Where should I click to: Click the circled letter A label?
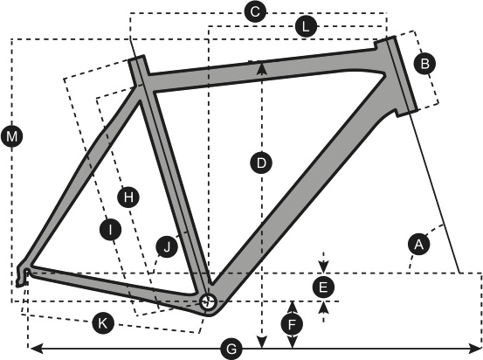point(418,245)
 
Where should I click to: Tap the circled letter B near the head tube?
point(424,64)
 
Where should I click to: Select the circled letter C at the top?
point(255,12)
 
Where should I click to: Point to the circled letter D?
point(261,163)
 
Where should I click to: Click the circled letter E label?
point(323,287)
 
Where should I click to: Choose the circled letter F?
point(292,324)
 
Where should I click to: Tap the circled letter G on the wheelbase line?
point(231,350)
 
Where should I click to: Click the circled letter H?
point(128,197)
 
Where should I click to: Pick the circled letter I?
point(111,229)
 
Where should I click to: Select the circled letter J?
point(167,246)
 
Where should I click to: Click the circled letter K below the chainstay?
point(103,323)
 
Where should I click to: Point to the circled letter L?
point(306,26)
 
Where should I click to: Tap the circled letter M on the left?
point(11,136)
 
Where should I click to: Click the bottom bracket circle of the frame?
point(207,302)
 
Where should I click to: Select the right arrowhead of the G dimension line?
point(474,349)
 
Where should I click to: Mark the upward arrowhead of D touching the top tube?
point(261,67)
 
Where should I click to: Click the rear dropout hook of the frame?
point(23,275)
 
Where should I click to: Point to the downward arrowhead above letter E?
point(323,267)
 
